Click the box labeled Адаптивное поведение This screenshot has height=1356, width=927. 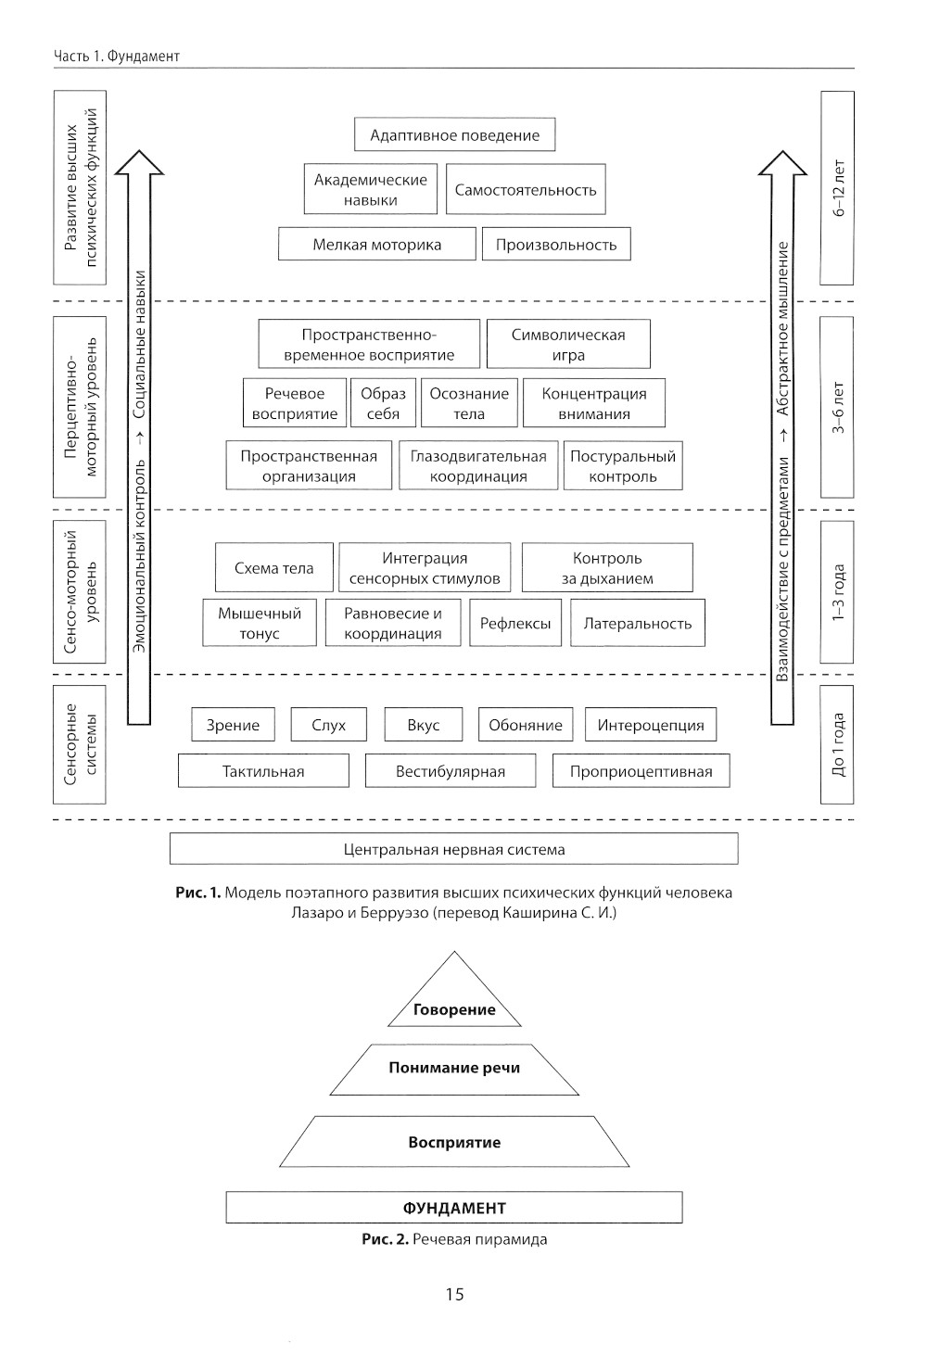point(454,135)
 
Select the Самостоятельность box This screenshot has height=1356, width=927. point(525,190)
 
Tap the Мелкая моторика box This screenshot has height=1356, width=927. point(376,245)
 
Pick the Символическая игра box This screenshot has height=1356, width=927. point(568,345)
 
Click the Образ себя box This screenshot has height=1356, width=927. point(383,403)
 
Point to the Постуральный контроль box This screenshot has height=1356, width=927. point(623,466)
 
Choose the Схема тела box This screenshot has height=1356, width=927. point(273,568)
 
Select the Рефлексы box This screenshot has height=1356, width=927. point(515,624)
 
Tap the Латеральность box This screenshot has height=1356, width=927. point(637,624)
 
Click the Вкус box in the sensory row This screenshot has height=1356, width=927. point(423,725)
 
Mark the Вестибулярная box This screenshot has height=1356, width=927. point(451,771)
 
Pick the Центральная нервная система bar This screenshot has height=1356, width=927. point(454,849)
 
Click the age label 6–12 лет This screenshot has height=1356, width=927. point(838,188)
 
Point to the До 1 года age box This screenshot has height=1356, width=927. point(838,744)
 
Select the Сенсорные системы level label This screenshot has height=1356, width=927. point(80,744)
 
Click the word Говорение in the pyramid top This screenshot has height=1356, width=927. point(454,1009)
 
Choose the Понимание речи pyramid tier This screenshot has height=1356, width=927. point(454,1068)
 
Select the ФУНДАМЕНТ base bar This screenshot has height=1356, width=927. point(454,1208)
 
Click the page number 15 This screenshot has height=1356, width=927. point(454,1294)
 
